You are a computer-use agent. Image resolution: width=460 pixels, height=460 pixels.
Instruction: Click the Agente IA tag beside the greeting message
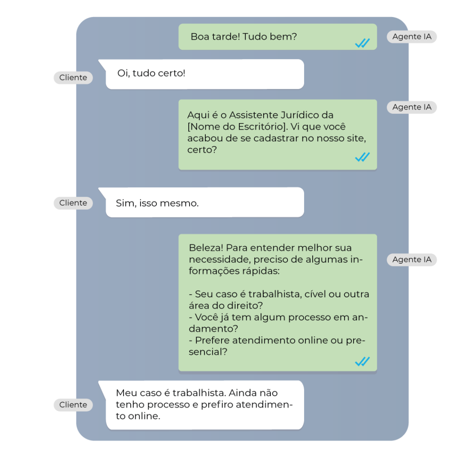(411, 37)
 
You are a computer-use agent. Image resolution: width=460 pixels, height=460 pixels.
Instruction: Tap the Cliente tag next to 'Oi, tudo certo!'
(73, 78)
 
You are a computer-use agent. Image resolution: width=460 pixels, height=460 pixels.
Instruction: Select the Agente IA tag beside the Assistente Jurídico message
(411, 107)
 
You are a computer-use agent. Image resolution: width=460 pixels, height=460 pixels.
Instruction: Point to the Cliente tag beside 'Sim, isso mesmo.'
(73, 203)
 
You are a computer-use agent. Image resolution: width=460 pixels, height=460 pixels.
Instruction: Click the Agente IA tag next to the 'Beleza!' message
(411, 260)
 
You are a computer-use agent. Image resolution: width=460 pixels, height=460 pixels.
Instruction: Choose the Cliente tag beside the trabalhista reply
(73, 405)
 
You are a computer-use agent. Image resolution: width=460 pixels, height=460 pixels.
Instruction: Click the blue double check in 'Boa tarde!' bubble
(363, 43)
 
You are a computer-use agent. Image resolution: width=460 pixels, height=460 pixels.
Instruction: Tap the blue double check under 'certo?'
(363, 157)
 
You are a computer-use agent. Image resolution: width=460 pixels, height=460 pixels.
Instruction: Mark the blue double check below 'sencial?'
(363, 362)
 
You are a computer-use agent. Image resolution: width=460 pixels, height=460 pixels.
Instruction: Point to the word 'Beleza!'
(206, 248)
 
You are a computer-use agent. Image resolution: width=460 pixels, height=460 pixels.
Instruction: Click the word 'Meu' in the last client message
(126, 393)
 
